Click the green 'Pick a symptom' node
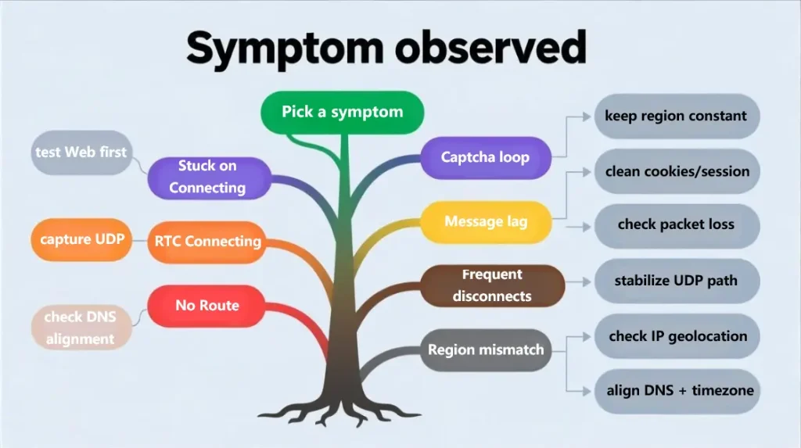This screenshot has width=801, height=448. point(342,112)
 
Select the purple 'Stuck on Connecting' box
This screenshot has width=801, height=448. point(207,177)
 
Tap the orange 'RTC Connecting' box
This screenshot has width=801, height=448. point(207,241)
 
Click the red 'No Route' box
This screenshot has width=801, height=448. point(207,305)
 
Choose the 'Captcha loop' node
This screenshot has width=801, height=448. point(485,157)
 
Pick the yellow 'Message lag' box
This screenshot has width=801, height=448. point(485,221)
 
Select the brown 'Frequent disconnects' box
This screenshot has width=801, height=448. point(492,285)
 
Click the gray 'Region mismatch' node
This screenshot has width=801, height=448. point(485,349)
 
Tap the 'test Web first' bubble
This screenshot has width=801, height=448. point(81,152)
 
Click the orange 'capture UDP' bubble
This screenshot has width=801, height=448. point(82,239)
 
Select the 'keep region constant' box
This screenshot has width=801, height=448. point(677,116)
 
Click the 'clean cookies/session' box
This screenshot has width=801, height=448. point(677,171)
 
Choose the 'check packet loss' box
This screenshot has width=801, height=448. point(677,225)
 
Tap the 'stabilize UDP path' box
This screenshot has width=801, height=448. point(677,280)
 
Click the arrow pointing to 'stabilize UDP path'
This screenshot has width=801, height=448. point(578,281)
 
